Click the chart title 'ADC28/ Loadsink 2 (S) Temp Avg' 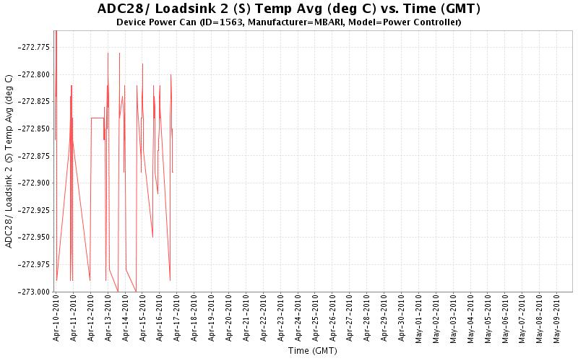[288, 9]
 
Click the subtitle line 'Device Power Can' [288, 22]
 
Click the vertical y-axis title [9, 160]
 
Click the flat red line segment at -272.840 [97, 118]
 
